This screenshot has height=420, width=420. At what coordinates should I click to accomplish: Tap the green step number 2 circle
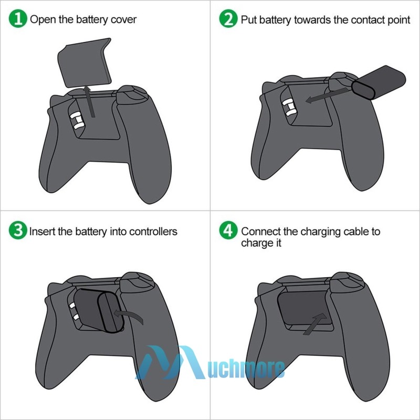click(228, 19)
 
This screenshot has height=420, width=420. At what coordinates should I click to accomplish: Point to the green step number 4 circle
click(228, 231)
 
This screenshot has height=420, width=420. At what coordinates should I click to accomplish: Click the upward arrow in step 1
click(91, 102)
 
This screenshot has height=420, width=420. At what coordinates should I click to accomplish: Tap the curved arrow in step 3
click(129, 314)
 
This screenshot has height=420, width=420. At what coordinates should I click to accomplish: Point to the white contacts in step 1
click(77, 119)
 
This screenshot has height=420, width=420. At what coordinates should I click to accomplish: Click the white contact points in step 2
click(288, 108)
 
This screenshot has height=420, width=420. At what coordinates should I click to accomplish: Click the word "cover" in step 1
click(123, 20)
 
